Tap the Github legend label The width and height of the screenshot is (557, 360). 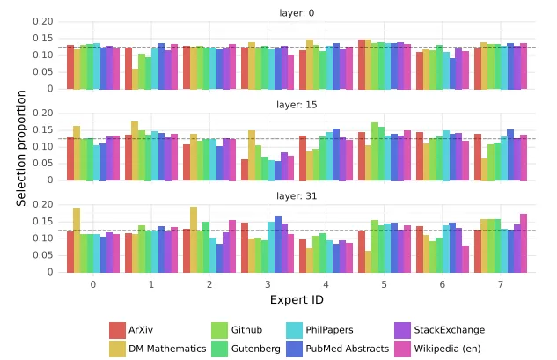(x=246, y=330)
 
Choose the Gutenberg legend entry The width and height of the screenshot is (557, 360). (x=254, y=349)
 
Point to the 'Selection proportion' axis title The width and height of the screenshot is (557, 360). (x=21, y=147)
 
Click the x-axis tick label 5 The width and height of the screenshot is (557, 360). (x=385, y=284)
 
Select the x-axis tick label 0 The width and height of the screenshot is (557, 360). (x=92, y=284)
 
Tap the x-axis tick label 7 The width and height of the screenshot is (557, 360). (x=501, y=284)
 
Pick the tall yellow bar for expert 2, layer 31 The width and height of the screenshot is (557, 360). (x=194, y=239)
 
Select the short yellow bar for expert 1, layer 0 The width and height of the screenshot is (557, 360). (x=135, y=78)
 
